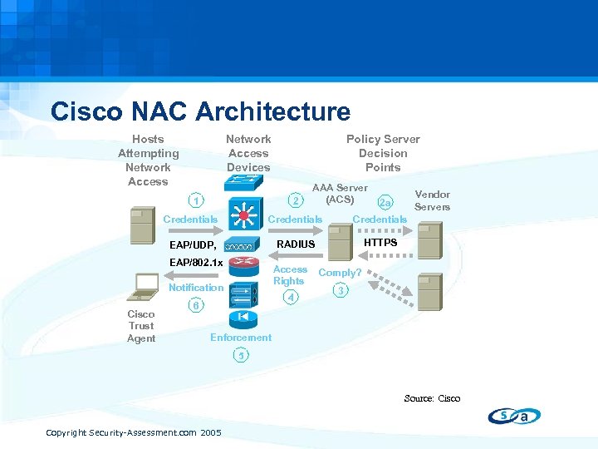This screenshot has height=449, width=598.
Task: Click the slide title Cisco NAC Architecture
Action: pyautogui.click(x=200, y=111)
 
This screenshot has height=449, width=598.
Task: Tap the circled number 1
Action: pyautogui.click(x=194, y=200)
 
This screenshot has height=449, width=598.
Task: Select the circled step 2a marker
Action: pyautogui.click(x=385, y=203)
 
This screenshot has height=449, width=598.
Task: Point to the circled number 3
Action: pyautogui.click(x=339, y=290)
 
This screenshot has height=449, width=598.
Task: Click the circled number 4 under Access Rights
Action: pyautogui.click(x=291, y=297)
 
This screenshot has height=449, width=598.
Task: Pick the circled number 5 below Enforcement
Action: pyautogui.click(x=240, y=356)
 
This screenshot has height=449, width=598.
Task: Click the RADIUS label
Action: pyautogui.click(x=296, y=244)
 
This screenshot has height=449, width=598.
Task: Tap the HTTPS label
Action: pyautogui.click(x=380, y=242)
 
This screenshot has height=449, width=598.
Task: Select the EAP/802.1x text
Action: pyautogui.click(x=196, y=264)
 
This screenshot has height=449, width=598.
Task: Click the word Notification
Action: pyautogui.click(x=196, y=288)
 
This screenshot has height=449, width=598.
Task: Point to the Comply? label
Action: pyautogui.click(x=340, y=273)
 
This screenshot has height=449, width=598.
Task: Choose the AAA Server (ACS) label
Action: pyautogui.click(x=340, y=194)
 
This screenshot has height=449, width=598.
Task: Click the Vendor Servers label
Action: pyautogui.click(x=432, y=200)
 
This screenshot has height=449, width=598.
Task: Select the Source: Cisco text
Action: pyautogui.click(x=432, y=398)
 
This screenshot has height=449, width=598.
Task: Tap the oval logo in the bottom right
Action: pyautogui.click(x=514, y=416)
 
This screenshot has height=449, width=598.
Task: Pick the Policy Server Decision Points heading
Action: pyautogui.click(x=383, y=153)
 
